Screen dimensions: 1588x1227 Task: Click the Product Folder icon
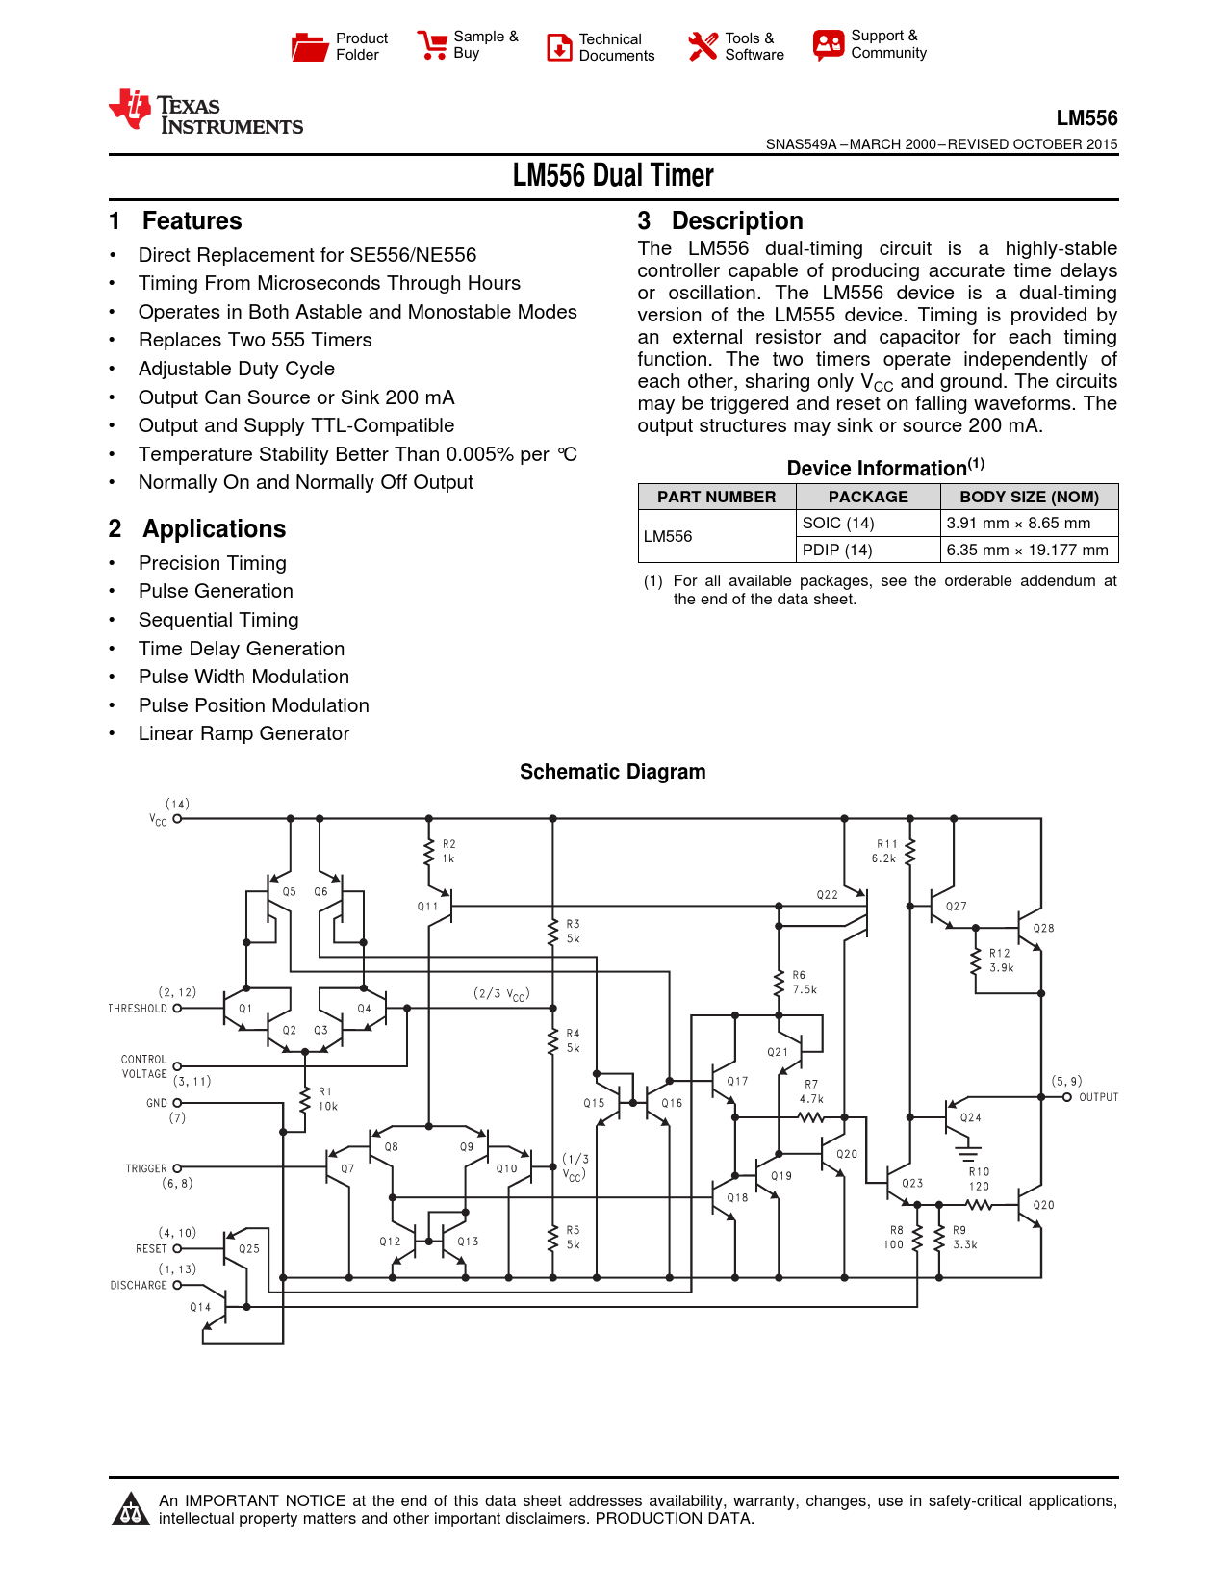[310, 46]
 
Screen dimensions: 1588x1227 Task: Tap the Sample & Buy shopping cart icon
[432, 45]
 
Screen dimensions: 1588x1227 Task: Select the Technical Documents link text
[616, 47]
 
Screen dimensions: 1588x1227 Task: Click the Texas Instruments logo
[206, 113]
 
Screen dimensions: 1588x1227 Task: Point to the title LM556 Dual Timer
[613, 176]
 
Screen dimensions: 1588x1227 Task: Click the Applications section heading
[214, 529]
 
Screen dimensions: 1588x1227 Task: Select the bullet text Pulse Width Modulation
[243, 677]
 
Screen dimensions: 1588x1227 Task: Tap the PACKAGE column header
[868, 497]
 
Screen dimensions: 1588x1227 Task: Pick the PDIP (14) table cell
[837, 550]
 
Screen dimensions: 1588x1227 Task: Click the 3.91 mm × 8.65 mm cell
[1018, 523]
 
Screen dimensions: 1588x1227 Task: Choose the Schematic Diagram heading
[612, 772]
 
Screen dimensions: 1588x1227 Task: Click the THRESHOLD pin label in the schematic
[138, 1008]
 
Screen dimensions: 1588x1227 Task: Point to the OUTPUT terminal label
[1098, 1097]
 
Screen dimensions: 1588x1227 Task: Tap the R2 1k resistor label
[448, 851]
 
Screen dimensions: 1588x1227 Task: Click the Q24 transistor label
[970, 1117]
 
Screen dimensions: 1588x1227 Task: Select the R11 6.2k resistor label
[885, 851]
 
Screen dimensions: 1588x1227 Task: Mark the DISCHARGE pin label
[139, 1285]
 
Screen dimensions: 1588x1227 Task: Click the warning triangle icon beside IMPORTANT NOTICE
[130, 1509]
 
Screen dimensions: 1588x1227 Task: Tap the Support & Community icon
[828, 44]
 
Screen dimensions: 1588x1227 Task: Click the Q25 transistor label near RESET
[249, 1248]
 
